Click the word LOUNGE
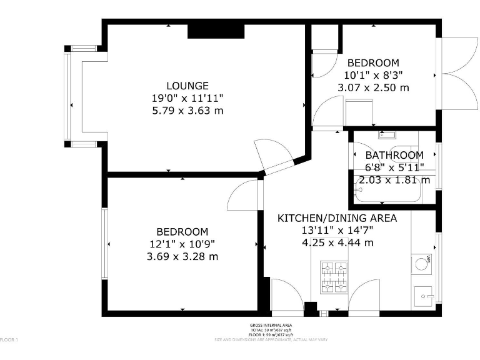tap(187, 86)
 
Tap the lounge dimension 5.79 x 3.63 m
tap(187, 111)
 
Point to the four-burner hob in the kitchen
tap(334, 277)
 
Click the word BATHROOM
tap(394, 155)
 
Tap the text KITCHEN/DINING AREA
tap(337, 218)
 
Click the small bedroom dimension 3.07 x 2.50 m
tap(373, 87)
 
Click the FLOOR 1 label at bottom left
tap(9, 339)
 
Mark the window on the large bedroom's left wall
tap(106, 244)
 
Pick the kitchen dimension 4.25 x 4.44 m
tap(337, 242)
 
